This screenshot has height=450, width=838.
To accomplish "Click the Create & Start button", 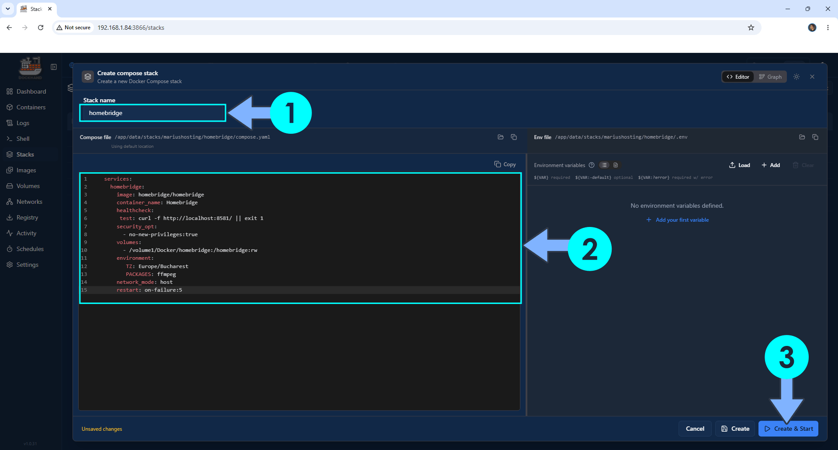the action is [788, 429].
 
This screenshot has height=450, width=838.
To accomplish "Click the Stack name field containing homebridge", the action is [152, 113].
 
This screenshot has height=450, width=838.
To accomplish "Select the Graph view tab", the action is [770, 77].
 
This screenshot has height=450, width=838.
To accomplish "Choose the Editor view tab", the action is [738, 77].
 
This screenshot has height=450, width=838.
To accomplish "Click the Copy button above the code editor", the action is [505, 164].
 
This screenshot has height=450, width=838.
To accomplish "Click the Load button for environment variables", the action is [740, 165].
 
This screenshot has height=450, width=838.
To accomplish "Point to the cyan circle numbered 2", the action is [589, 249].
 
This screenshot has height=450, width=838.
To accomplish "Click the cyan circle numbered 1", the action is [291, 113].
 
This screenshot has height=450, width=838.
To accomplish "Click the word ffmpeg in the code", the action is [166, 274].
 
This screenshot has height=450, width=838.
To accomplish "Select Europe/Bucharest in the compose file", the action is [163, 266].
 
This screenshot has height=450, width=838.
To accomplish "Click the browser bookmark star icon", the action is [751, 28].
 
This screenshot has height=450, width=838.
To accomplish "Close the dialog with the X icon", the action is [812, 77].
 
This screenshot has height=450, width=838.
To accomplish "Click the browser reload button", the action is [41, 28].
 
